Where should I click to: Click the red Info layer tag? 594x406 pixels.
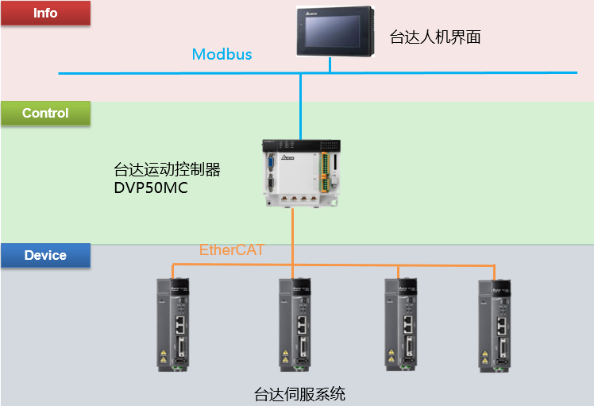pyautogui.click(x=45, y=13)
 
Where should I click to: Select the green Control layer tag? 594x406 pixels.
pyautogui.click(x=45, y=113)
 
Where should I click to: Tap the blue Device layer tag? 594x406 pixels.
pyautogui.click(x=45, y=255)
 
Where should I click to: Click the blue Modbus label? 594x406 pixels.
pyautogui.click(x=222, y=54)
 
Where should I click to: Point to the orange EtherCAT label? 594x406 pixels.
pyautogui.click(x=231, y=249)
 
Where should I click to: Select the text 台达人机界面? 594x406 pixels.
pyautogui.click(x=435, y=37)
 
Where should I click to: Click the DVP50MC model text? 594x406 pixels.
pyautogui.click(x=151, y=188)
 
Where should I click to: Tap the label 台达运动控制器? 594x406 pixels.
pyautogui.click(x=167, y=169)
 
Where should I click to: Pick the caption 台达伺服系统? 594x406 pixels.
pyautogui.click(x=299, y=394)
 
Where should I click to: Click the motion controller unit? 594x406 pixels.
pyautogui.click(x=302, y=174)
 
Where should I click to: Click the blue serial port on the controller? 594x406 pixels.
pyautogui.click(x=271, y=163)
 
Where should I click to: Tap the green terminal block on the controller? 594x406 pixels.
pyautogui.click(x=325, y=172)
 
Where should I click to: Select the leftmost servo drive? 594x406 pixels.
pyautogui.click(x=173, y=324)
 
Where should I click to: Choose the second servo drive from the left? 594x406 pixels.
pyautogui.click(x=295, y=324)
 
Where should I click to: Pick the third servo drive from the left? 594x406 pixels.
pyautogui.click(x=401, y=324)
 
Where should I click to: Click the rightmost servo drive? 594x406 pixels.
pyautogui.click(x=495, y=326)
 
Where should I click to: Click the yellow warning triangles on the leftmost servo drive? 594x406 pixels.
pyautogui.click(x=164, y=356)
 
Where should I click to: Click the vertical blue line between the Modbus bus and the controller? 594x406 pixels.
pyautogui.click(x=300, y=106)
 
